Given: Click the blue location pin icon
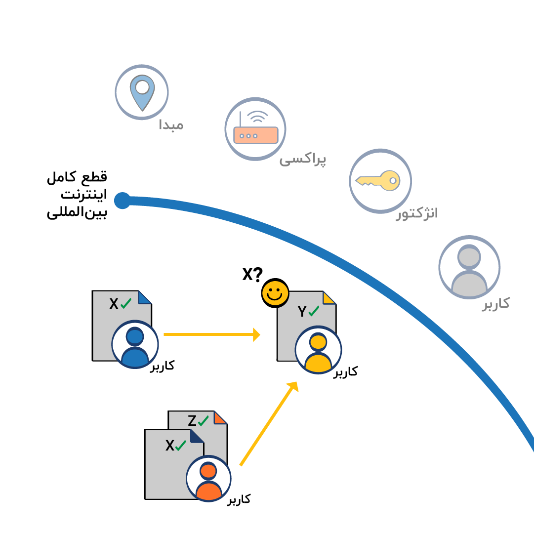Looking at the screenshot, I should click(142, 92).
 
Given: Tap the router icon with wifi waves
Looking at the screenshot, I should click(255, 129).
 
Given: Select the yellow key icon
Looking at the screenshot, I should click(380, 181).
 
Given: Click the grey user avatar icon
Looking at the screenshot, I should click(469, 268).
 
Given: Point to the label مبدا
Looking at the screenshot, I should click(171, 124).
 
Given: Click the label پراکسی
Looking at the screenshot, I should click(303, 160).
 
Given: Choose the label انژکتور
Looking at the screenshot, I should click(417, 213).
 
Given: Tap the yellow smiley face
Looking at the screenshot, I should click(275, 293).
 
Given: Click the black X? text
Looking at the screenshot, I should click(252, 274).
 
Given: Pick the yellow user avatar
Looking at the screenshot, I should click(318, 350).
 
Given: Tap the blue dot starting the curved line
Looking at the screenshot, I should click(122, 200).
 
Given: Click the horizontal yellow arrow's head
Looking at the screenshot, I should click(256, 334).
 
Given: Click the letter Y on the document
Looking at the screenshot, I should click(302, 312).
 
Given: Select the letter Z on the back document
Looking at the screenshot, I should click(192, 421).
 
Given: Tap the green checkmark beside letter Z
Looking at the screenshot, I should click(204, 420).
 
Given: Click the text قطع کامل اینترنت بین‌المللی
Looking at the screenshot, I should click(77, 196).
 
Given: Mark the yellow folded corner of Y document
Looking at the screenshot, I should click(329, 297).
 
